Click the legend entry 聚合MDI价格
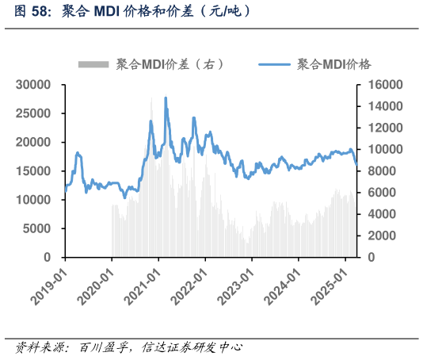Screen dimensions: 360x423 [334, 64]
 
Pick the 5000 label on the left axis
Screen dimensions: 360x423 [37, 229]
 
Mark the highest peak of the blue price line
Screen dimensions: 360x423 [166, 98]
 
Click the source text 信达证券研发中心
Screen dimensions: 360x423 [190, 347]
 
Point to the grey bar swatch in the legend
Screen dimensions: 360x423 [93, 64]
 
